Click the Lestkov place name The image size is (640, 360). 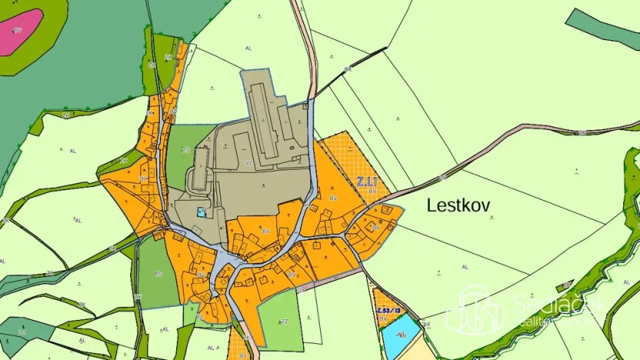click(x=458, y=205)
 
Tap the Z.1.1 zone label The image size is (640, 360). click(x=366, y=182)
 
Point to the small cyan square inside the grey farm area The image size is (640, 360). click(x=202, y=212)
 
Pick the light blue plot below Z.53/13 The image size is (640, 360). click(x=401, y=336)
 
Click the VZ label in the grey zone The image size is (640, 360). click(x=249, y=163)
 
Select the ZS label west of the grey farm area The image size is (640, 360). click(x=185, y=151)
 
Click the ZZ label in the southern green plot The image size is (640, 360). click(x=284, y=321)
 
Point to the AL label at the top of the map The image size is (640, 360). click(x=248, y=48)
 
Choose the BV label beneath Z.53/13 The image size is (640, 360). click(x=382, y=318)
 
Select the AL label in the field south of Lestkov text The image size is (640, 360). click(x=464, y=266)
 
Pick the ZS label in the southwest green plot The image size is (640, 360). click(x=158, y=274)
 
